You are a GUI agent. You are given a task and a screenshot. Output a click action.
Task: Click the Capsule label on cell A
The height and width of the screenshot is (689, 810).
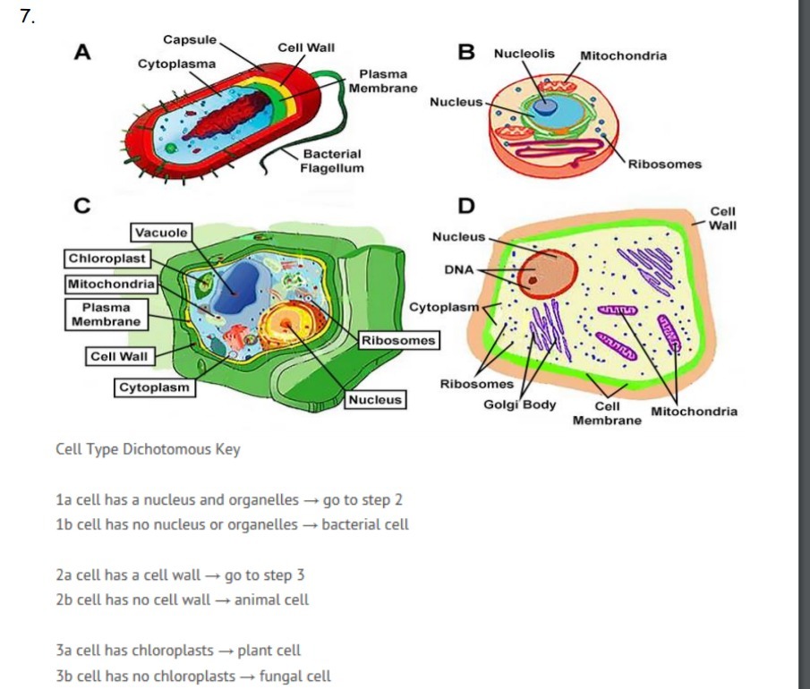click(190, 39)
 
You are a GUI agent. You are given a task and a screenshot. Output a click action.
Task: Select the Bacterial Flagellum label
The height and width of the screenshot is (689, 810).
click(331, 161)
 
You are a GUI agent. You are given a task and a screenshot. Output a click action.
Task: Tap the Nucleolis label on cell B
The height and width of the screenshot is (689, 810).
click(524, 54)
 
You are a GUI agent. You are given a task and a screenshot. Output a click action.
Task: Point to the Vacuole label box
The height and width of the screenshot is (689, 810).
click(162, 233)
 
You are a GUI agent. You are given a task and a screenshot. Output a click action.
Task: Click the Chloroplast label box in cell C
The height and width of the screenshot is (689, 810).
click(107, 259)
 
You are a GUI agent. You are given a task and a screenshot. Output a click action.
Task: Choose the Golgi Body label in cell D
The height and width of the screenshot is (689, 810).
click(519, 404)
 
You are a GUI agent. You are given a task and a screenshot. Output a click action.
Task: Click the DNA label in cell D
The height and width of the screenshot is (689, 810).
click(458, 269)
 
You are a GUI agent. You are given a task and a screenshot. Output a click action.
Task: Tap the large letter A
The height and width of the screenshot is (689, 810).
click(82, 52)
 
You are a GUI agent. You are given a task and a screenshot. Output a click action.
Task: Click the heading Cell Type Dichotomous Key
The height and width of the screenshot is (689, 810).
click(148, 449)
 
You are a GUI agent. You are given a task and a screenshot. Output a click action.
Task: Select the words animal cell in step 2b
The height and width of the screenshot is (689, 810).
click(271, 600)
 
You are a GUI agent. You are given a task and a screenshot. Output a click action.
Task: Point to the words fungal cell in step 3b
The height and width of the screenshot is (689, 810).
click(294, 676)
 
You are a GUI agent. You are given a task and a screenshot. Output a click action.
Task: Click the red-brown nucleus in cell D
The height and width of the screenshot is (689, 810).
click(550, 269)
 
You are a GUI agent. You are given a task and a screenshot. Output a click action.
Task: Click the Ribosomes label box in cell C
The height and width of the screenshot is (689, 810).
click(398, 340)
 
